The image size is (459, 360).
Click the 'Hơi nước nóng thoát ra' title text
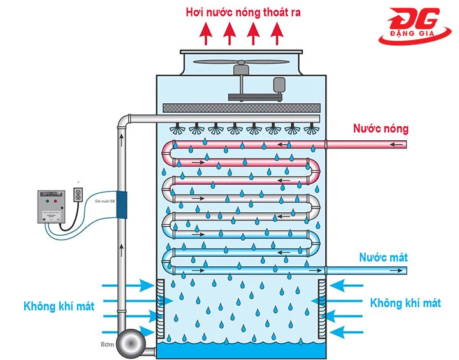click(x=243, y=11)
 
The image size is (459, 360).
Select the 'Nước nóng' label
click(x=381, y=129)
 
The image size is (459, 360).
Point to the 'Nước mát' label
click(x=383, y=258)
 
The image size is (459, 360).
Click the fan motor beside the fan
click(x=279, y=85)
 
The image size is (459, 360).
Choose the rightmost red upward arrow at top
click(x=276, y=33)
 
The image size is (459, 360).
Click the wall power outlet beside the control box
click(x=79, y=194)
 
